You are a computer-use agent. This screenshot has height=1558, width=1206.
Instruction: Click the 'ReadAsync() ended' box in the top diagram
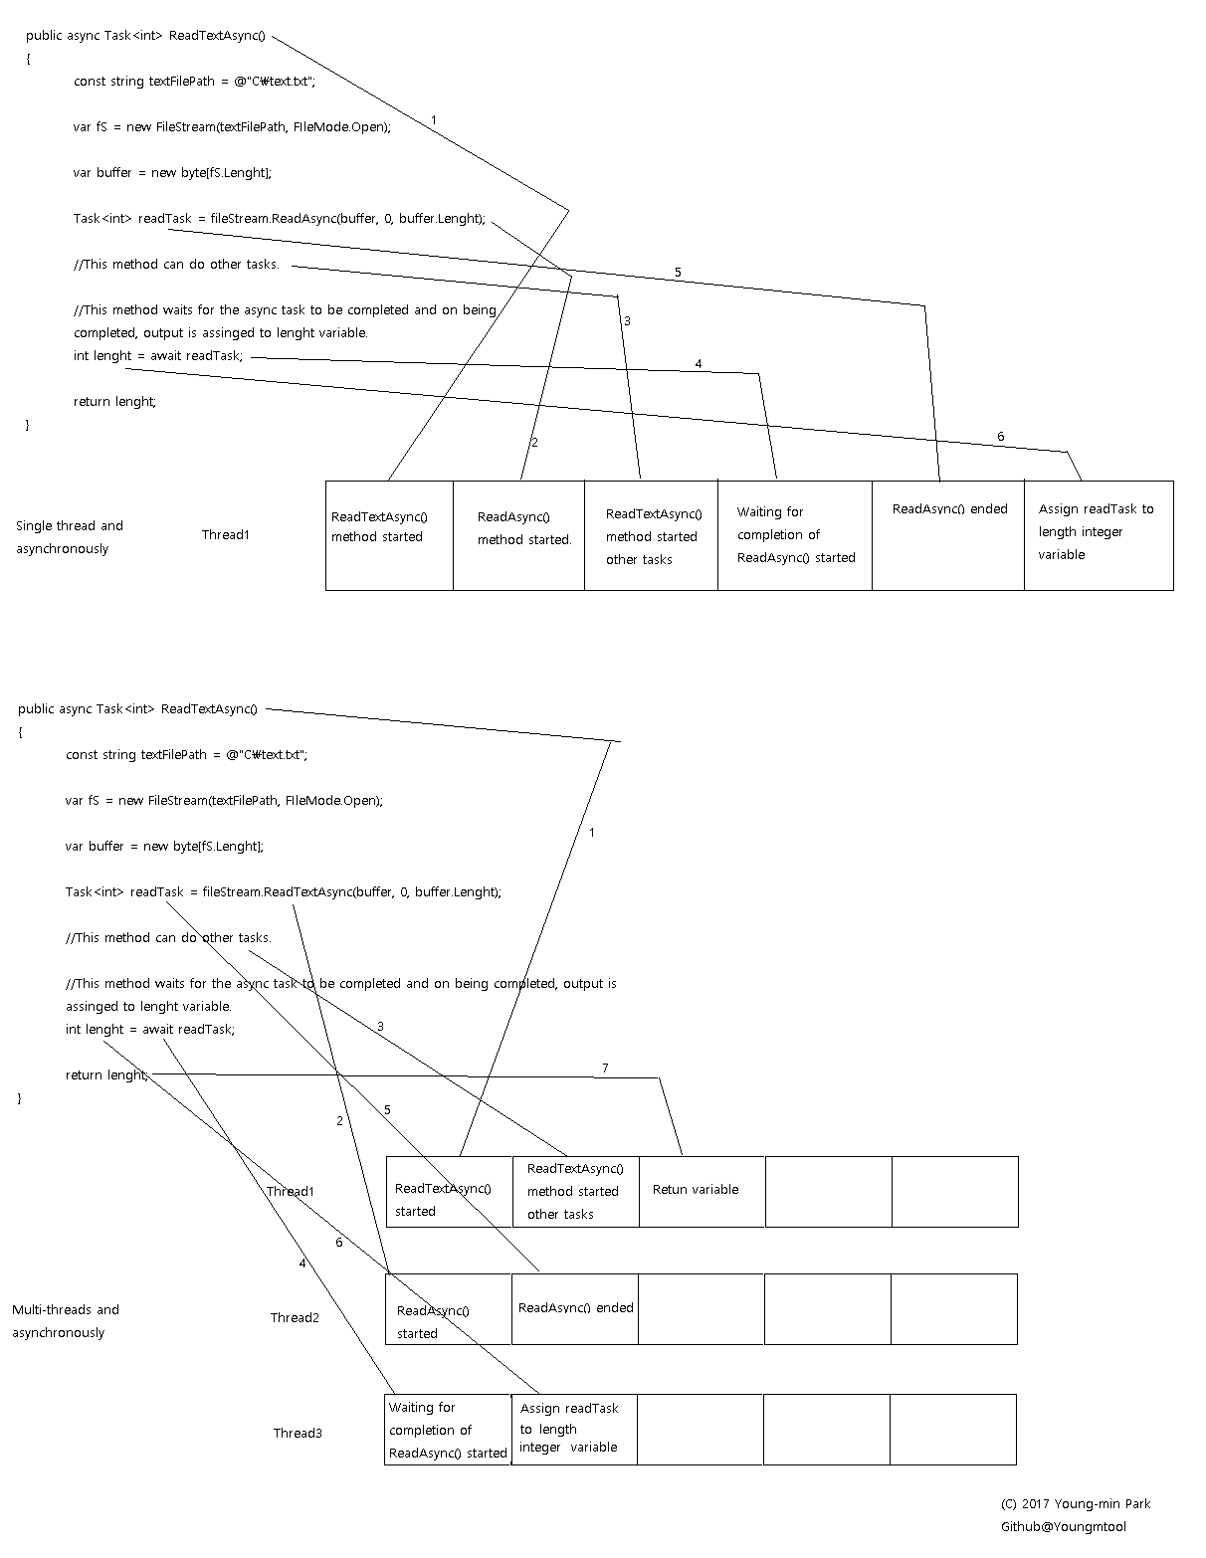click(x=948, y=535)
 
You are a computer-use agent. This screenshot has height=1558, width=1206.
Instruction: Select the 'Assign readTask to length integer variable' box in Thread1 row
click(x=1099, y=535)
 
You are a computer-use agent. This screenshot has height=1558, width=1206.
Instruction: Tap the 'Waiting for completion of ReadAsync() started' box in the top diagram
click(x=795, y=535)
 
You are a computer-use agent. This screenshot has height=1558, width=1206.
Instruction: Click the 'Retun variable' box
click(x=701, y=1191)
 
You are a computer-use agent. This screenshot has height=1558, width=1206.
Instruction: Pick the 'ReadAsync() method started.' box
click(x=518, y=535)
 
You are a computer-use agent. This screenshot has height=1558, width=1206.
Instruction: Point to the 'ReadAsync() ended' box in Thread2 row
click(x=575, y=1308)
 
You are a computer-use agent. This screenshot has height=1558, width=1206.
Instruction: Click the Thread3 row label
click(x=298, y=1434)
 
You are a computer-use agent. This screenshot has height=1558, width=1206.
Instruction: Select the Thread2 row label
click(x=295, y=1318)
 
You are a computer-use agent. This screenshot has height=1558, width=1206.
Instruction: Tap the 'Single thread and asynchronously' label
click(x=69, y=537)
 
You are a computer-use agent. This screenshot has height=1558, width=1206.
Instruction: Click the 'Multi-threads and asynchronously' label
click(x=65, y=1321)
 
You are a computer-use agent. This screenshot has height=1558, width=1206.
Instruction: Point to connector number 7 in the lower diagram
click(x=605, y=1069)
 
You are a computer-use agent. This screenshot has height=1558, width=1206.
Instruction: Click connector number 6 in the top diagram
click(x=1000, y=437)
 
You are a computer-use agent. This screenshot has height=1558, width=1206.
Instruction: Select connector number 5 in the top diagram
click(x=678, y=273)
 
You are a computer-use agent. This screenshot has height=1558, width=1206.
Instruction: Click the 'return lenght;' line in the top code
click(x=114, y=402)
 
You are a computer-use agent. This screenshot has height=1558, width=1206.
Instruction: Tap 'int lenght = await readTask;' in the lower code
click(x=150, y=1030)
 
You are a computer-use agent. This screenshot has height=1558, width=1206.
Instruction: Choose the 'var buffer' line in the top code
click(x=171, y=173)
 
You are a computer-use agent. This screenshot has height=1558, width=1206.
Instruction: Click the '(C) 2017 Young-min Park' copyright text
click(x=1075, y=1504)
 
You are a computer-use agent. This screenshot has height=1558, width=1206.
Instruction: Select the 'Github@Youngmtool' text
click(x=1063, y=1527)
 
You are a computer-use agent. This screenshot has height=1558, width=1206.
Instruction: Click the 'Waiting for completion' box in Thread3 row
click(x=448, y=1430)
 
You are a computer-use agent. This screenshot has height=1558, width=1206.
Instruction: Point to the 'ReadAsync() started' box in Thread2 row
click(x=449, y=1310)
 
